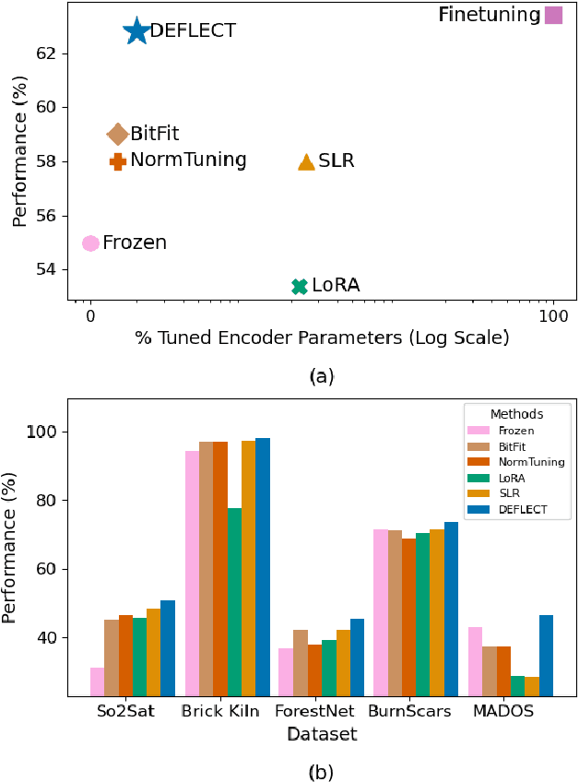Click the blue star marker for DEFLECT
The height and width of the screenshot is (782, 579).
coord(136,30)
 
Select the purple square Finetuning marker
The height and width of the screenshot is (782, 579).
coord(553,15)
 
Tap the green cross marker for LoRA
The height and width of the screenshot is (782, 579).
coord(299,287)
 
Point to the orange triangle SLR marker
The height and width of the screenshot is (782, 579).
coord(306,162)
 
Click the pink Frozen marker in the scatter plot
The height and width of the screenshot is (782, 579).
coord(90,243)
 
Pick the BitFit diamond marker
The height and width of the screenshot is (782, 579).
coord(117,135)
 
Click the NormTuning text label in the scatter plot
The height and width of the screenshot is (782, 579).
coord(188,160)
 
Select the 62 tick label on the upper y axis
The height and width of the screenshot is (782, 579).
coord(46,53)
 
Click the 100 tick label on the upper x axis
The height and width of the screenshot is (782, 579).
coord(553,316)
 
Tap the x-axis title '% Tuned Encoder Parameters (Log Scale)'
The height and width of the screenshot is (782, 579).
coord(322,338)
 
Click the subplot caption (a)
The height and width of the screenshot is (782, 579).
coord(321,375)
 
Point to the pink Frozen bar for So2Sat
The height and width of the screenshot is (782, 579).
coord(97,681)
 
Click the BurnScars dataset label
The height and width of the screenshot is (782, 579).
coord(409,712)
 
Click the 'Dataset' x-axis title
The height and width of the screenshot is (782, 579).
coord(321,735)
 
